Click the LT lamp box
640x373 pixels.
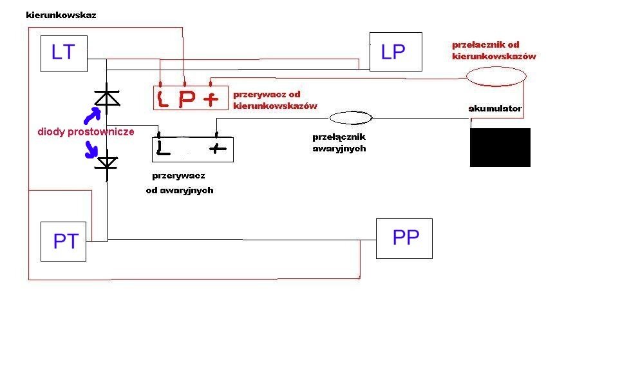click(x=63, y=53)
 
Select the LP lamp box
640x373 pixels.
click(x=395, y=52)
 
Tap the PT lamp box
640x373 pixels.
click(x=63, y=242)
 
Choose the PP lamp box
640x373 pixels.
click(x=404, y=238)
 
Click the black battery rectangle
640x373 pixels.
click(x=500, y=148)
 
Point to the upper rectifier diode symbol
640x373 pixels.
click(x=107, y=97)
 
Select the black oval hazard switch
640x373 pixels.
click(x=351, y=118)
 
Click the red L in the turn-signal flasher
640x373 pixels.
click(x=163, y=100)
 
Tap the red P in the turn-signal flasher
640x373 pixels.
click(x=186, y=100)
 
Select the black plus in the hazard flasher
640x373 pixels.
click(x=219, y=149)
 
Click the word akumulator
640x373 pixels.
click(x=494, y=108)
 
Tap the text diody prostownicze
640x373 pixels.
click(x=86, y=131)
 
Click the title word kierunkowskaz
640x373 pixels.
click(x=61, y=15)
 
